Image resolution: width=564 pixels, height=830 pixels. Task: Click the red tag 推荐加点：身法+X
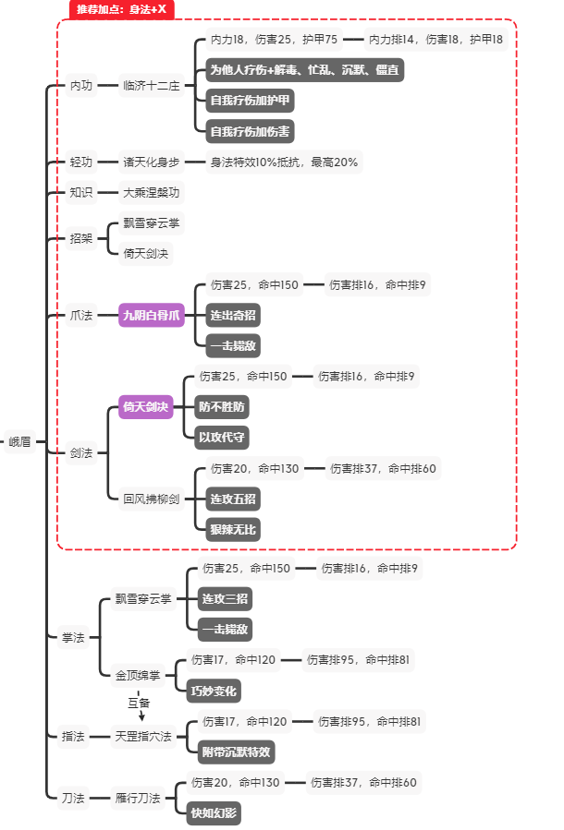pos(122,9)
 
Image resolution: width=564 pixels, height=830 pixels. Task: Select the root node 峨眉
pos(19,441)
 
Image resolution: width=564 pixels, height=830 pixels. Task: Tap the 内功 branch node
pos(81,85)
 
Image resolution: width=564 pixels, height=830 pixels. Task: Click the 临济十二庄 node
pos(152,85)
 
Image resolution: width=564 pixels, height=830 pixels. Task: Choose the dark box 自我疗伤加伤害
pos(250,131)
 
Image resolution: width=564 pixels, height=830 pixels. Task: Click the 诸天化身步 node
pos(152,162)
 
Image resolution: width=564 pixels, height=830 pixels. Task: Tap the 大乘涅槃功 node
pos(152,192)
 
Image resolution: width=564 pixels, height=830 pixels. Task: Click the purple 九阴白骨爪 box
pos(153,316)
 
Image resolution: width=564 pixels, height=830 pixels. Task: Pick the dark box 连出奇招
pos(233,316)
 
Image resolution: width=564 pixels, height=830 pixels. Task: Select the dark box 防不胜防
pos(223,406)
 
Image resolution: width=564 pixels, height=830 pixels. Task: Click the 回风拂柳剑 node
pos(152,499)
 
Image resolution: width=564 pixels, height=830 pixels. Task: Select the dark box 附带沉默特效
pos(237,752)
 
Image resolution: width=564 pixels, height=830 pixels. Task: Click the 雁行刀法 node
pos(138,798)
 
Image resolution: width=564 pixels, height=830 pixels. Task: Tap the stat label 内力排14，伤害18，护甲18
pos(435,40)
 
